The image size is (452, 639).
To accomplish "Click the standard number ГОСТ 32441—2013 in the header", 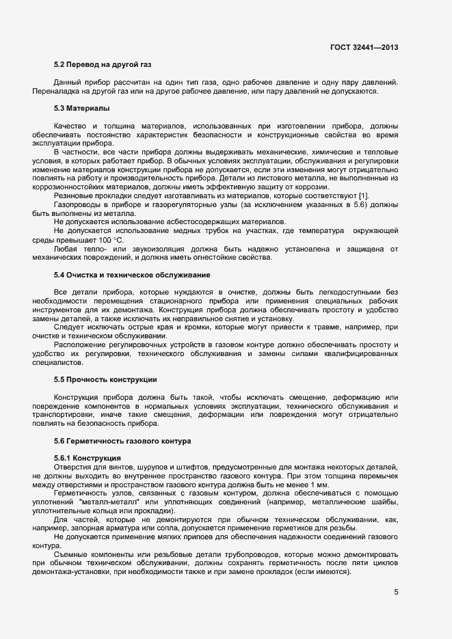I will [364, 47].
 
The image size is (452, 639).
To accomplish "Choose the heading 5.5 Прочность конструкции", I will [106, 379].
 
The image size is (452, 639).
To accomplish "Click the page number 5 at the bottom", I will [396, 592].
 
